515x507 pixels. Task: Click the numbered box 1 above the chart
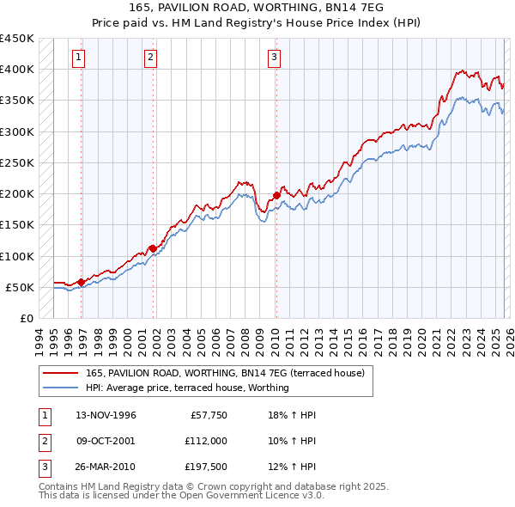point(78,58)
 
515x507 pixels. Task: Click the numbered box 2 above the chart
point(150,58)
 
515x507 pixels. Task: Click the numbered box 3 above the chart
point(274,58)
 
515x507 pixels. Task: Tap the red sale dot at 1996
point(81,282)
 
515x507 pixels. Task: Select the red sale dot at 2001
point(153,248)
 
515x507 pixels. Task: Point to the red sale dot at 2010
point(276,195)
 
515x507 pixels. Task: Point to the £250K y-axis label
point(17,162)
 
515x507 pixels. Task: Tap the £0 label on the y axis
point(26,318)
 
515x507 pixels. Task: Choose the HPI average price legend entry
point(187,388)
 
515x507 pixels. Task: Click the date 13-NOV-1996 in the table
point(106,415)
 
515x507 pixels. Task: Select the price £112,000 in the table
point(205,440)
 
